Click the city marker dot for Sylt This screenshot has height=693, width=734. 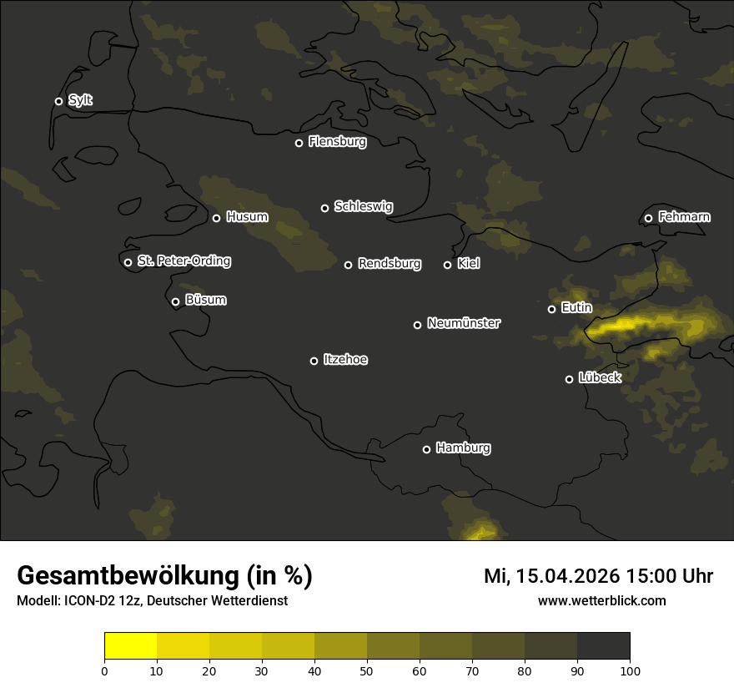pyautogui.click(x=58, y=102)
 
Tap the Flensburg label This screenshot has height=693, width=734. pyautogui.click(x=337, y=142)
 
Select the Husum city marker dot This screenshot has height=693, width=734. pyautogui.click(x=216, y=218)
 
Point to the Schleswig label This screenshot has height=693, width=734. pyautogui.click(x=363, y=206)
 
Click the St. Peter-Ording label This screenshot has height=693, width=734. pyautogui.click(x=183, y=261)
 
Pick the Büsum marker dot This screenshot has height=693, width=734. pyautogui.click(x=175, y=302)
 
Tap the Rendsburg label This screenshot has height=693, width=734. pyautogui.click(x=389, y=264)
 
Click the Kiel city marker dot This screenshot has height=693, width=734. pyautogui.click(x=447, y=265)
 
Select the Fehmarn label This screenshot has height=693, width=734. pyautogui.click(x=684, y=217)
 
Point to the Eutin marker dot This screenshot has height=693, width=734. pyautogui.click(x=551, y=309)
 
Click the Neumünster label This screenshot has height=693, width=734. pyautogui.click(x=463, y=323)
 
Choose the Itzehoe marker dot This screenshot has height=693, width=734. pyautogui.click(x=314, y=361)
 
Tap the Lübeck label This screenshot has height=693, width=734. pyautogui.click(x=599, y=377)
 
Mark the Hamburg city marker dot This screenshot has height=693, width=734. pyautogui.click(x=426, y=449)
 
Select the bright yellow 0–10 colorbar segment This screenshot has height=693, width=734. pyautogui.click(x=131, y=646)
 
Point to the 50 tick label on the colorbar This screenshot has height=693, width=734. pyautogui.click(x=367, y=670)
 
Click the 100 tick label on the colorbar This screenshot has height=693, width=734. pyautogui.click(x=630, y=670)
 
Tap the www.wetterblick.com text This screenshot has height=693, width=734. pyautogui.click(x=601, y=600)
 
